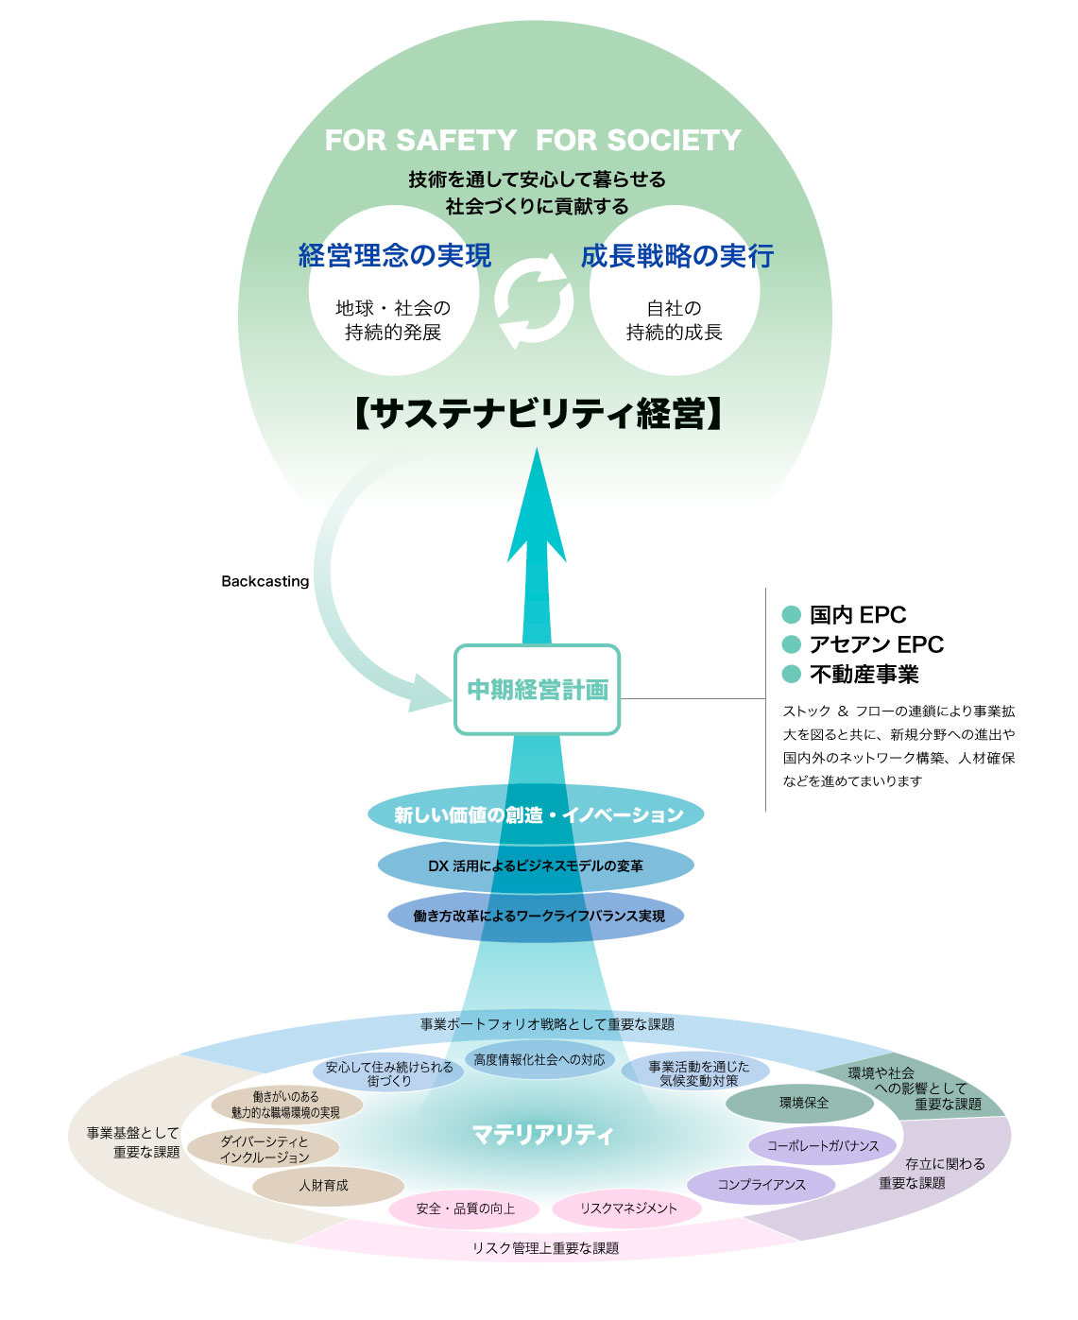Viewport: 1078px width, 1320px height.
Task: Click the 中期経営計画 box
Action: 537,690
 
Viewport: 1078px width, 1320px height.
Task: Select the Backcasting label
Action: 265,581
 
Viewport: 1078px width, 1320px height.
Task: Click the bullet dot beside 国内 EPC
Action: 792,615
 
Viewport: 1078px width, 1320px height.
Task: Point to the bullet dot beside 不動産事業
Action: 792,674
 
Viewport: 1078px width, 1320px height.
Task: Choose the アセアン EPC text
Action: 876,644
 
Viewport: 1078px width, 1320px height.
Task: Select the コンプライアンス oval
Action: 761,1184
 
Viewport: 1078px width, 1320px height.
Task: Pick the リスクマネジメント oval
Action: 627,1209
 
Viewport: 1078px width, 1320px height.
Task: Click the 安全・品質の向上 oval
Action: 465,1209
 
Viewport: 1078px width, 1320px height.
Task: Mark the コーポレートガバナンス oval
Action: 822,1146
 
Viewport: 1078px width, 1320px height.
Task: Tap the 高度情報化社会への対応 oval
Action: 539,1060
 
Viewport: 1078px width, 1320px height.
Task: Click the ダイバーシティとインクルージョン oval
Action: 264,1149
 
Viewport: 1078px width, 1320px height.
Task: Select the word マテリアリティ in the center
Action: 542,1134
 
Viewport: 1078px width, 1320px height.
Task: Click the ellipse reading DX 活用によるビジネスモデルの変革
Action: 536,866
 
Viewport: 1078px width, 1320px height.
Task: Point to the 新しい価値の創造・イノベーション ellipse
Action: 537,814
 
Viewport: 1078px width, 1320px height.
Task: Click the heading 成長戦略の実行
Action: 676,256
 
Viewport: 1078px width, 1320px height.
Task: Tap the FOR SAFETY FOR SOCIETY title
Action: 533,141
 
